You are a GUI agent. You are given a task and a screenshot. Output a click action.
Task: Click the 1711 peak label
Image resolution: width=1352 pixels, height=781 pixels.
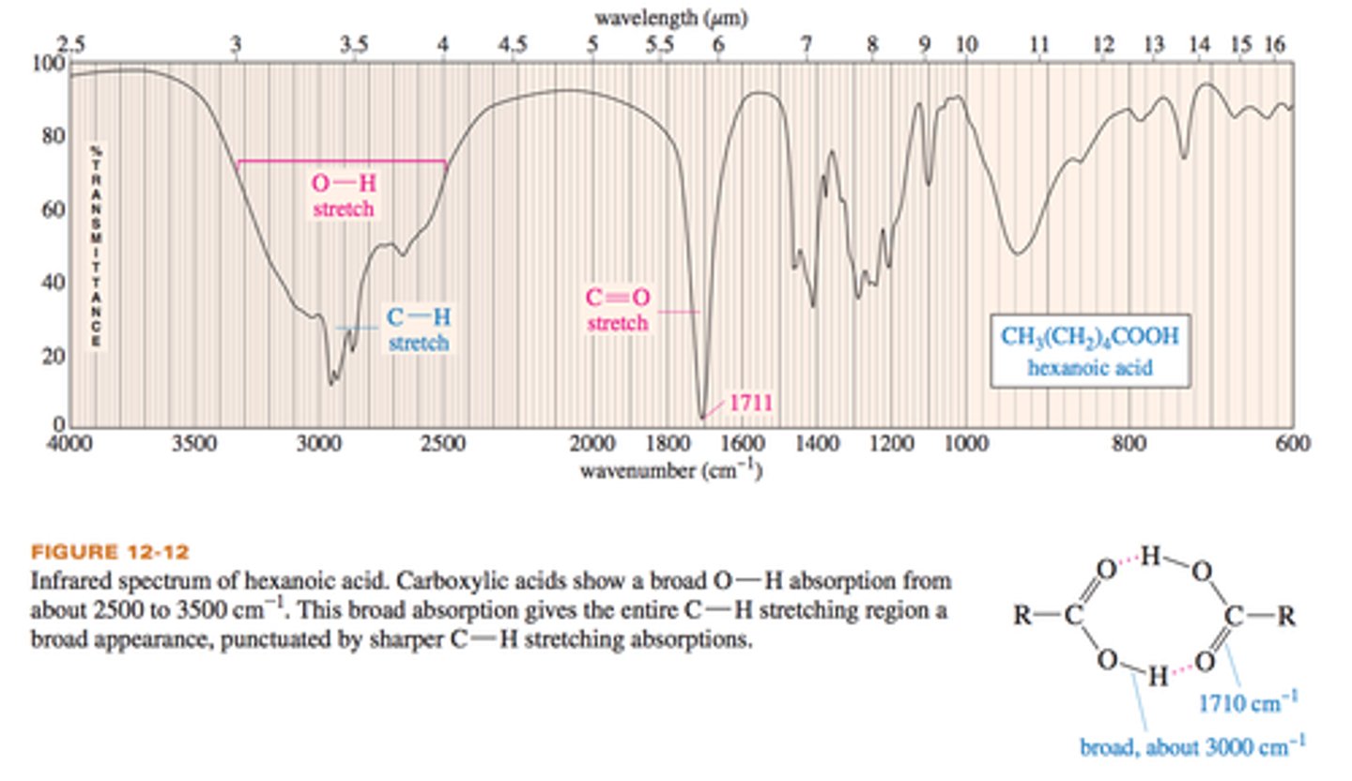point(750,404)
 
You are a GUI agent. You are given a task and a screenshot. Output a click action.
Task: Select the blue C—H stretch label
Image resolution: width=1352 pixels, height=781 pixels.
point(418,329)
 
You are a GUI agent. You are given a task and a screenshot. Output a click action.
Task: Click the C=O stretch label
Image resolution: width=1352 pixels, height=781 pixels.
point(618,310)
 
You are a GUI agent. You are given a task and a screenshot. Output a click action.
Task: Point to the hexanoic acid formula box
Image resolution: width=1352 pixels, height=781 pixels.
point(1089,350)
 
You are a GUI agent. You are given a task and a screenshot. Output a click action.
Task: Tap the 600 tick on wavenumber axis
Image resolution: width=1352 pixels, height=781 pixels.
point(1293,443)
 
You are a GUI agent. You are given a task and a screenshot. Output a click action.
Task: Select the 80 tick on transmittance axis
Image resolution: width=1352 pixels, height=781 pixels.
point(54,137)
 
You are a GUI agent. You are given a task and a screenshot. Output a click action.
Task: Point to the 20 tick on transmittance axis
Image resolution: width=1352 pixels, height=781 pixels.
point(54,356)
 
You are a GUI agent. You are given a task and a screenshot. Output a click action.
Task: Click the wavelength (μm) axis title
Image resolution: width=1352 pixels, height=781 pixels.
point(670,17)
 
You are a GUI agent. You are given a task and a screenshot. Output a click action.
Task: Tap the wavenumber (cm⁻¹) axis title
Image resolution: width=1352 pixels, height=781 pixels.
point(670,468)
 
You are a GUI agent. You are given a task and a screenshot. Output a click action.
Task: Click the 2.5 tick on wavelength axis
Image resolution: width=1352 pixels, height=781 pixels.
point(70,43)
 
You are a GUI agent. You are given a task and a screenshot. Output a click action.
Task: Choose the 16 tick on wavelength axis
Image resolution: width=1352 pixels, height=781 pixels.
point(1274,43)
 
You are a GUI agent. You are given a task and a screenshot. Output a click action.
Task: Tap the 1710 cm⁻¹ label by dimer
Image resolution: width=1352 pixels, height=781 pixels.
point(1250,701)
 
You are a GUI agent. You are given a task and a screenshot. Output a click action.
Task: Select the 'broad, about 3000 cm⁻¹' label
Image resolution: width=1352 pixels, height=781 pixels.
point(1191,747)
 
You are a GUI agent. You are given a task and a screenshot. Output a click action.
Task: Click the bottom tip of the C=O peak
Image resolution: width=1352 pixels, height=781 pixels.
point(701,418)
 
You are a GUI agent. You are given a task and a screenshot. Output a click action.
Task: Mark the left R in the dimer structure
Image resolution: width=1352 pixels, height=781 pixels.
point(1022,616)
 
